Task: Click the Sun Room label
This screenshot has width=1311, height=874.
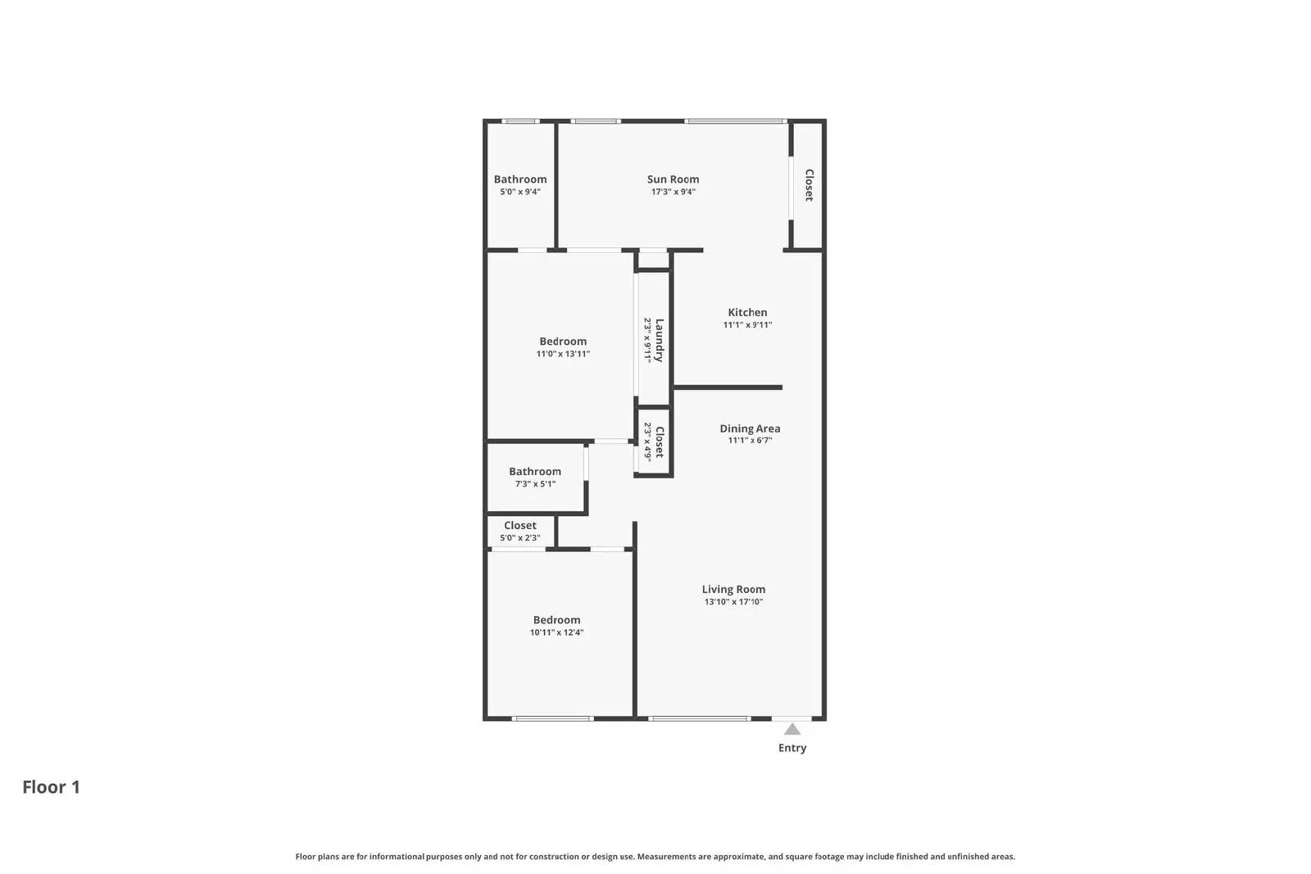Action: point(673,179)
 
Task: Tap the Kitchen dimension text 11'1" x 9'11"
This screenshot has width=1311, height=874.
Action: point(747,325)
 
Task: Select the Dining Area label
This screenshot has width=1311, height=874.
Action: point(750,428)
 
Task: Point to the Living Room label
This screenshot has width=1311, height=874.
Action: point(733,589)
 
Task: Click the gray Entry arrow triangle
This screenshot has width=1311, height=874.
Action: point(792,729)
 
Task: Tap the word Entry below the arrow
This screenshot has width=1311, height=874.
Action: point(792,748)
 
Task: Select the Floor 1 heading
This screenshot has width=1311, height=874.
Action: point(51,787)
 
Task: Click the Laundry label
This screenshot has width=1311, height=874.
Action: point(660,340)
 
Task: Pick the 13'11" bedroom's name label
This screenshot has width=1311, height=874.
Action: point(563,342)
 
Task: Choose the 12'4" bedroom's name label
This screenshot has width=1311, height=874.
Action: point(556,620)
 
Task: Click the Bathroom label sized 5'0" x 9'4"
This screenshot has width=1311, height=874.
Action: point(519,179)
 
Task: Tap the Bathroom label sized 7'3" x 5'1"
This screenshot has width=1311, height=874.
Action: point(534,472)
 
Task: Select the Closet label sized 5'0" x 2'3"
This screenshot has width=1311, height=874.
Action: point(519,526)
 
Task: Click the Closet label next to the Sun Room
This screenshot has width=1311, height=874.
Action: point(809,185)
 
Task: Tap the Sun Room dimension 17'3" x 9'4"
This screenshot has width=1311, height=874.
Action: point(673,192)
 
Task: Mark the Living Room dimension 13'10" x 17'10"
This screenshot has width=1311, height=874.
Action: point(733,602)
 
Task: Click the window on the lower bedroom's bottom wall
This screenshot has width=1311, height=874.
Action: point(552,719)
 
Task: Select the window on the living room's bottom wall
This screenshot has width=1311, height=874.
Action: point(699,719)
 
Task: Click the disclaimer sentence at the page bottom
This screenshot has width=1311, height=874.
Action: point(655,857)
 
